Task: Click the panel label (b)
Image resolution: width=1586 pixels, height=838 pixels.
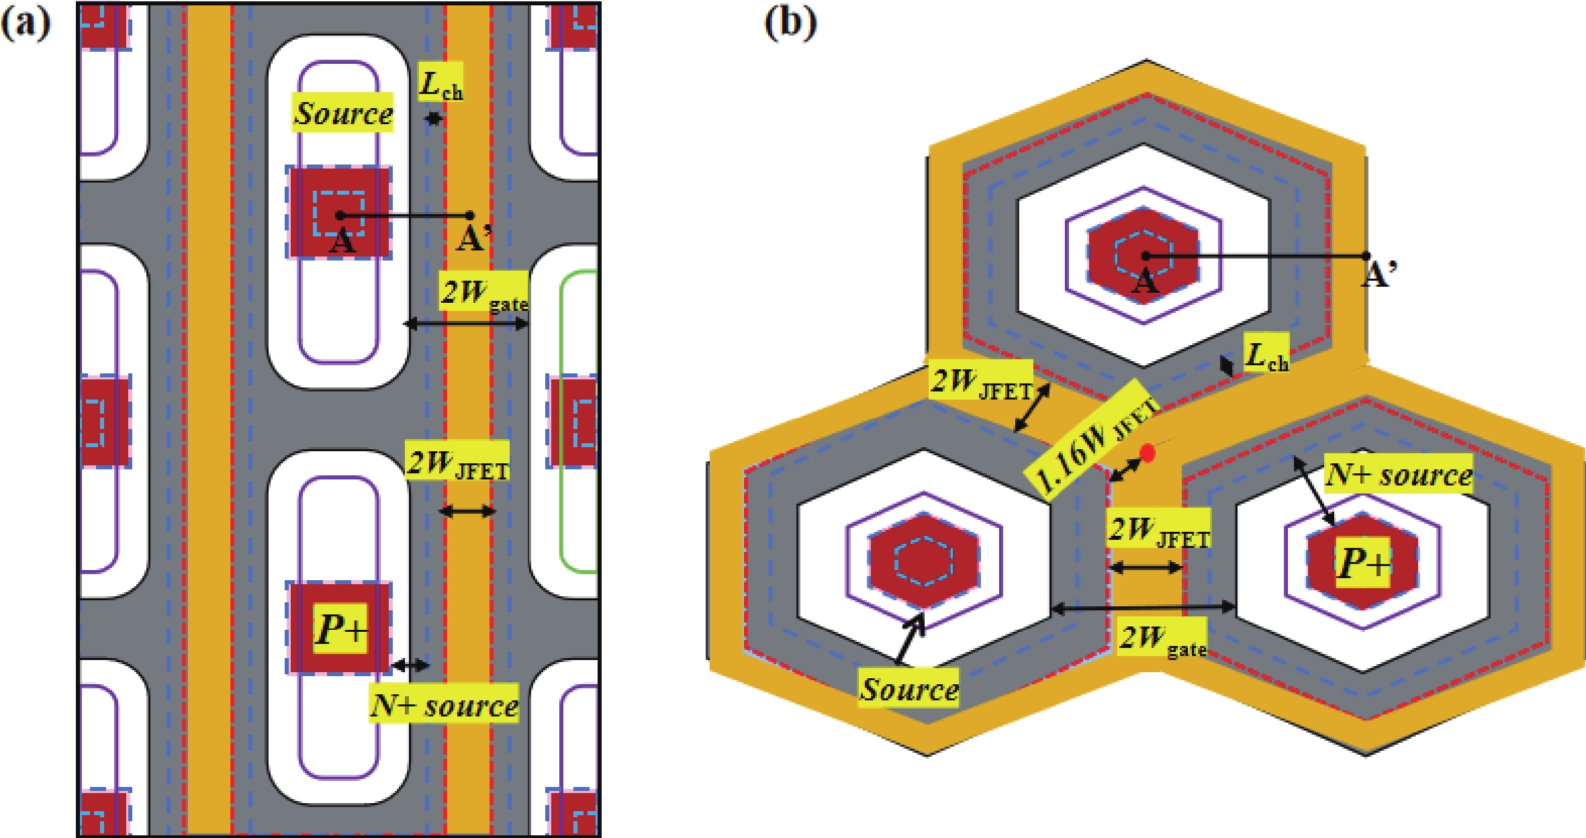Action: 790,24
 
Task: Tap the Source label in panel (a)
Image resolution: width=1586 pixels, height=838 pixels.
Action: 343,112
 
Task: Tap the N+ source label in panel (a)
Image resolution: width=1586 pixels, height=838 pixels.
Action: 445,704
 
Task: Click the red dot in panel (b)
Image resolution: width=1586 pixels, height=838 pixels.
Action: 1148,453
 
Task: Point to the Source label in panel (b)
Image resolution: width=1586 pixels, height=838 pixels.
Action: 909,689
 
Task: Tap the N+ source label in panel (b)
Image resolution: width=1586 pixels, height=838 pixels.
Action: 1399,475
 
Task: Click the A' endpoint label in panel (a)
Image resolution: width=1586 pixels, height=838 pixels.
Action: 474,237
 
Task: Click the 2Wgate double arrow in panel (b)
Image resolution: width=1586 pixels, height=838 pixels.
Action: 1143,608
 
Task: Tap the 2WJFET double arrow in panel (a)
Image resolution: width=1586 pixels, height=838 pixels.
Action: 467,512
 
